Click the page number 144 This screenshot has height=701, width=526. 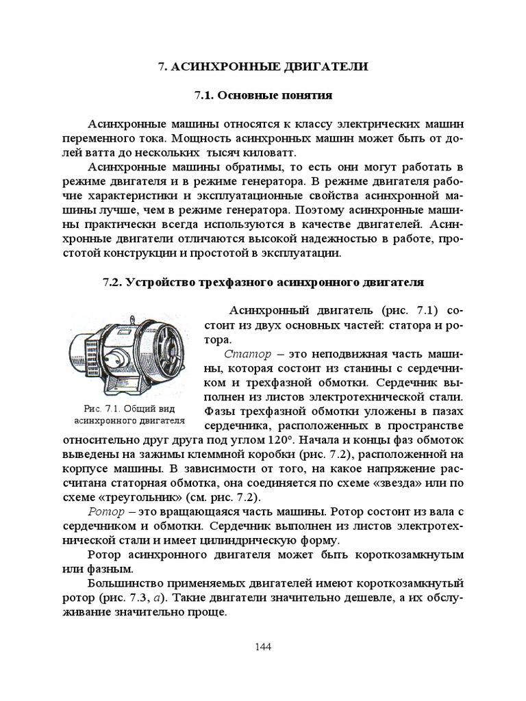tap(263, 647)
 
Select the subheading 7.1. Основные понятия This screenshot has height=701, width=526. tap(263, 96)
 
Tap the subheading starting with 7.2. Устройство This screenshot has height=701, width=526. tap(263, 281)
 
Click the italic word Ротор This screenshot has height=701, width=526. tap(107, 511)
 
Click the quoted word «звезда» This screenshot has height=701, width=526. tap(378, 483)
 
